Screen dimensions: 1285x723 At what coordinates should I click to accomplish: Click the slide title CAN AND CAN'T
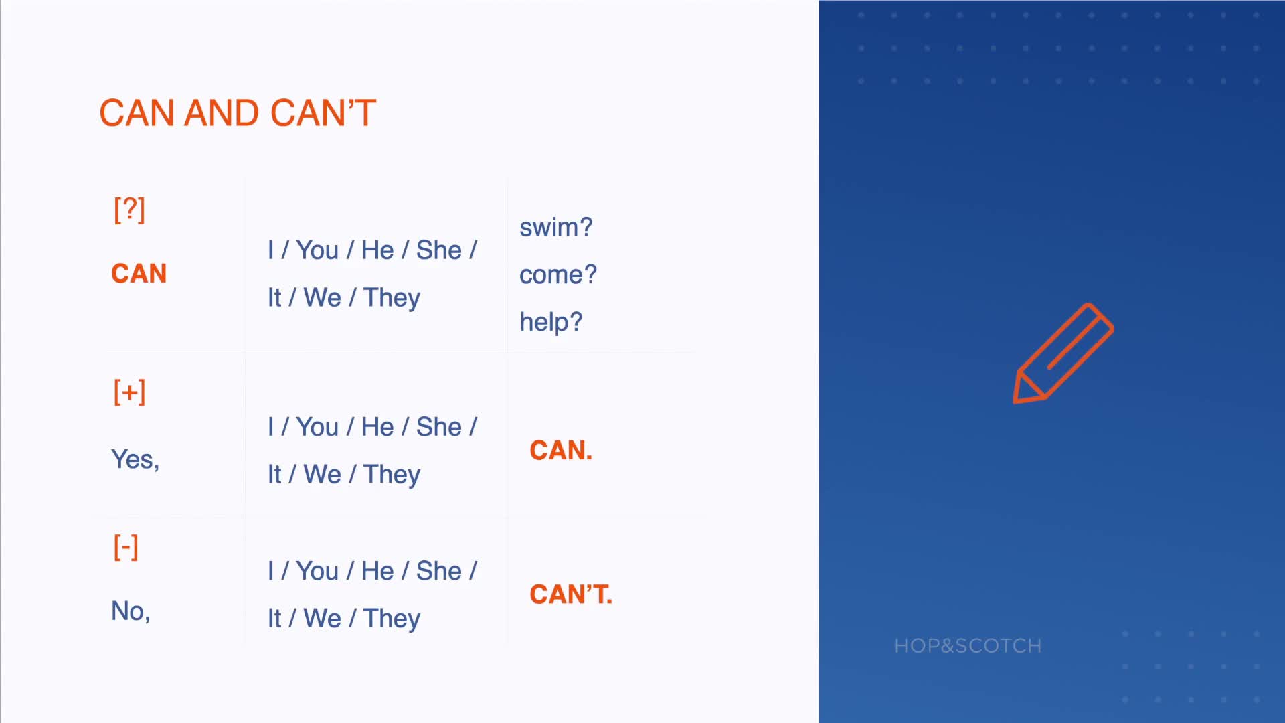pos(238,112)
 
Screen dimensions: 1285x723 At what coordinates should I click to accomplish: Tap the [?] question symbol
pos(129,210)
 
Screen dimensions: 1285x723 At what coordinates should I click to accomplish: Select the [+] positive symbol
pos(129,392)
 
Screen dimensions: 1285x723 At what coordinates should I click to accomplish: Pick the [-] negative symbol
pos(126,547)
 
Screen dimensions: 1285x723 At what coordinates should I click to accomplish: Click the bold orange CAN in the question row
pos(139,273)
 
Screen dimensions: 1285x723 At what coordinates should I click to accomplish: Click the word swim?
pos(556,227)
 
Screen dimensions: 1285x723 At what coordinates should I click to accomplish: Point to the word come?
pos(558,274)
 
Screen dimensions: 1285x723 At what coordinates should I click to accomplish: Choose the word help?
pos(551,322)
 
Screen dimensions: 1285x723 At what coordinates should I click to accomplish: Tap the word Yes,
pos(135,459)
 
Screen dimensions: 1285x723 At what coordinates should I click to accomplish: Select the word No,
pos(131,611)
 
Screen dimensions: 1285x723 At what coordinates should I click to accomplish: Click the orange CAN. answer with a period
pos(561,451)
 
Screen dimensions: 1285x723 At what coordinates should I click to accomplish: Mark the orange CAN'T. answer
pos(571,594)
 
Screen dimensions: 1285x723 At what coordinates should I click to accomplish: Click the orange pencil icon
pos(1063,353)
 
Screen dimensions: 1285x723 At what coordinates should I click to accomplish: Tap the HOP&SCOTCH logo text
pos(968,645)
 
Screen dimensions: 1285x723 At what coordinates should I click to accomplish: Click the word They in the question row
pos(392,298)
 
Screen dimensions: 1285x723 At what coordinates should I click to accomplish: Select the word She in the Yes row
pos(439,427)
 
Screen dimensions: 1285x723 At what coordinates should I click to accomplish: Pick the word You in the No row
pos(317,571)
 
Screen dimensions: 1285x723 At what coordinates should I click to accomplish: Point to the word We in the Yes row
pos(323,475)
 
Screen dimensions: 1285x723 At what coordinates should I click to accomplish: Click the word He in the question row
pos(377,250)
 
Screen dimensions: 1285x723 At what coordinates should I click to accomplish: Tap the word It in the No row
pos(274,619)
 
